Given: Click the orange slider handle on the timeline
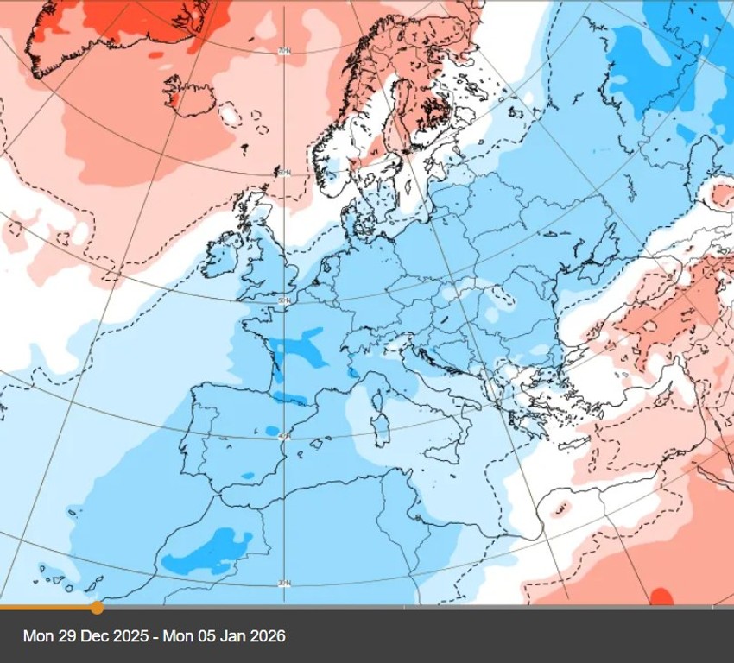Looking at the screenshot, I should [97, 608].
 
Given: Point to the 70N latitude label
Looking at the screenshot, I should [283, 52].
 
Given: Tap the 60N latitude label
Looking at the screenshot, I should [282, 173].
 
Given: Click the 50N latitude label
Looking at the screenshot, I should [282, 300].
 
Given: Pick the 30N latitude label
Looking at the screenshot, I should [284, 584].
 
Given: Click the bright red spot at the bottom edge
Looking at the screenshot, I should [661, 597].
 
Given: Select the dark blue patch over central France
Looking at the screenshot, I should [298, 345].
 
